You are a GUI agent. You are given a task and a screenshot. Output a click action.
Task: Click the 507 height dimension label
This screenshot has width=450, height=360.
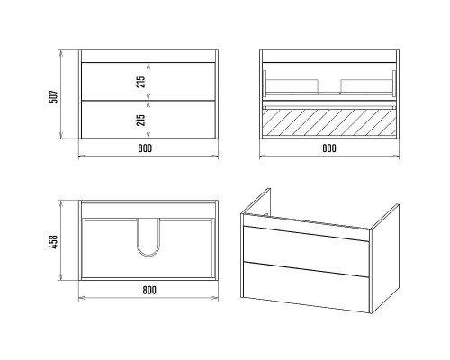53,96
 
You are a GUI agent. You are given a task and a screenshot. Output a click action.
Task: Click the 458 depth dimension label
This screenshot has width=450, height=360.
53,242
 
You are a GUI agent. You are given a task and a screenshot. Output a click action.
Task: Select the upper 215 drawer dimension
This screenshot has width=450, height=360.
140,82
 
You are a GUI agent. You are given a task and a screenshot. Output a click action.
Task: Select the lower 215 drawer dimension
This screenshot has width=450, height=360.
140,120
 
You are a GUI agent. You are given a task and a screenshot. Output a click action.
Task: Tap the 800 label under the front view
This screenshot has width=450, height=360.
145,148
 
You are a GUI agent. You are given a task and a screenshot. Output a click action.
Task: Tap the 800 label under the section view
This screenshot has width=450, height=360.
329,148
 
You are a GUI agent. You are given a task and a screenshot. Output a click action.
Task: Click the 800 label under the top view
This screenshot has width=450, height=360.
149,290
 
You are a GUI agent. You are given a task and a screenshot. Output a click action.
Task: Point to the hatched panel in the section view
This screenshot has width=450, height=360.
329,122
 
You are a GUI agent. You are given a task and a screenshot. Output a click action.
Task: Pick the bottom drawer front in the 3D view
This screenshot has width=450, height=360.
306,286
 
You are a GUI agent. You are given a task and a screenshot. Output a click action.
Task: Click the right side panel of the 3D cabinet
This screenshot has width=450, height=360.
385,258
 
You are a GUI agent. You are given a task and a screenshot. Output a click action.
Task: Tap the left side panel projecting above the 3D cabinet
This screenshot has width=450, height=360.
256,201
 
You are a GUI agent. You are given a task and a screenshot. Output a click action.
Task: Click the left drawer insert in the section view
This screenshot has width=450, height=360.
292,85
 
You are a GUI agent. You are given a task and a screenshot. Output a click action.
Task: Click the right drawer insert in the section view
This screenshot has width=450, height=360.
366,85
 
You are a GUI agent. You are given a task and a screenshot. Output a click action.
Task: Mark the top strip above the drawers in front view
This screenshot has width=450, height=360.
148,56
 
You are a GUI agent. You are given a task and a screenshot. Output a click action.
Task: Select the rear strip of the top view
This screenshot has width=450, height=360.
148,210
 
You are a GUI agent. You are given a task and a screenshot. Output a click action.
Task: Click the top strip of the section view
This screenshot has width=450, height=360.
329,56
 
